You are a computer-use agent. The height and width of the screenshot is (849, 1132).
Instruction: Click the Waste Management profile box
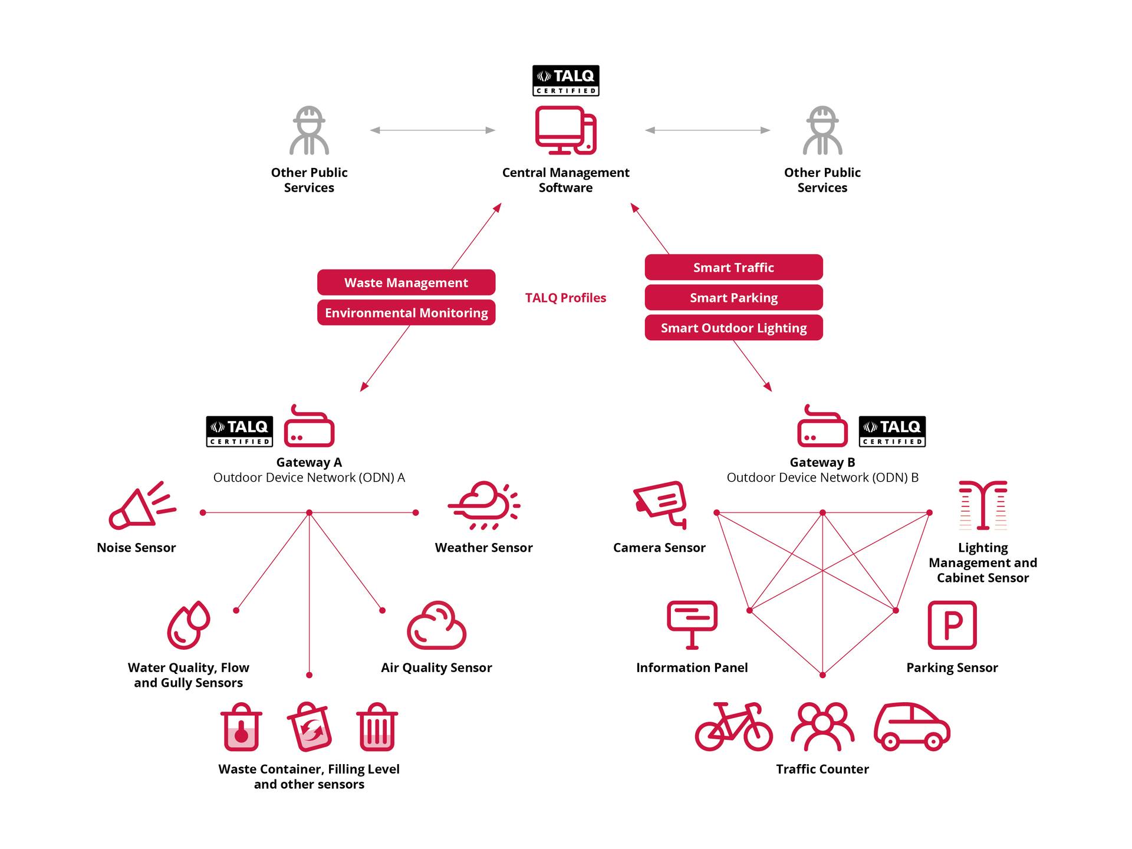click(x=406, y=282)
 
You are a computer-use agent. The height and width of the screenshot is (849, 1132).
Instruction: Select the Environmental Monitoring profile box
click(x=406, y=312)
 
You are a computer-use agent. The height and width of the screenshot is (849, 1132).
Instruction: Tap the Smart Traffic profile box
click(x=733, y=267)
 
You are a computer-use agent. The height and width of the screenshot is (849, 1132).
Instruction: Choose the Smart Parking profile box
click(x=733, y=297)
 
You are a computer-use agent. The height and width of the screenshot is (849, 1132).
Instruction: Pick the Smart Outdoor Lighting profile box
click(x=733, y=328)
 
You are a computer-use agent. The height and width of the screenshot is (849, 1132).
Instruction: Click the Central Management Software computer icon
click(x=565, y=130)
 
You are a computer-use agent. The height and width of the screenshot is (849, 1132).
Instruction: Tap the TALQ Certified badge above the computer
click(x=565, y=81)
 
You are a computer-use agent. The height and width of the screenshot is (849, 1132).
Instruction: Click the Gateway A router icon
click(x=309, y=427)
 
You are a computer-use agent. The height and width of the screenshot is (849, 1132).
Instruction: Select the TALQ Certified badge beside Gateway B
click(x=891, y=432)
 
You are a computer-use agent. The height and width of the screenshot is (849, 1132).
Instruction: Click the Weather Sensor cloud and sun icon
click(x=484, y=506)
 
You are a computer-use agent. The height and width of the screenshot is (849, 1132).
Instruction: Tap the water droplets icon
click(x=189, y=625)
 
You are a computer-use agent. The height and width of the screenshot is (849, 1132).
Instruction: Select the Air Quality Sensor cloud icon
click(x=436, y=626)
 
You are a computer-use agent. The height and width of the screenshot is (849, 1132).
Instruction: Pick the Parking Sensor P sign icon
click(x=952, y=625)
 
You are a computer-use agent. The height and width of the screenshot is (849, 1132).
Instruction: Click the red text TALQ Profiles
click(x=565, y=298)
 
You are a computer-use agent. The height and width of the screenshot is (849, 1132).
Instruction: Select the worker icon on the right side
click(x=822, y=131)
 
